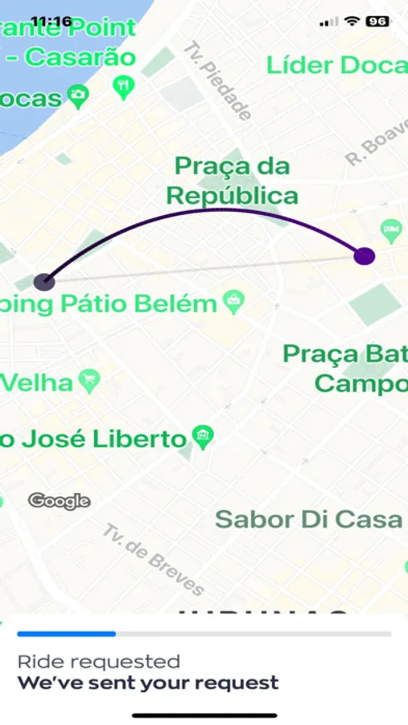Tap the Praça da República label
(x=232, y=180)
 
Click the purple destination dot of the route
(x=365, y=255)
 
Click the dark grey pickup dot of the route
(x=44, y=281)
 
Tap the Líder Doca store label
(x=336, y=64)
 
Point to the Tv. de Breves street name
(x=153, y=557)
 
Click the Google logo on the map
(x=59, y=501)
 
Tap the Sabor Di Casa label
(x=309, y=519)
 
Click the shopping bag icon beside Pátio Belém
(x=234, y=302)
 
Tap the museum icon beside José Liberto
(x=202, y=438)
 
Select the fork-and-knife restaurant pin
(x=123, y=86)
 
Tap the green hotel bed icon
(x=392, y=230)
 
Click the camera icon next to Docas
(x=77, y=97)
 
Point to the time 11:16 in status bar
(x=51, y=21)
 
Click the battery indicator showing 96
(x=378, y=21)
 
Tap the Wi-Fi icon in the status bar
(x=352, y=21)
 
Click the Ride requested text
(x=98, y=661)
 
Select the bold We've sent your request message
(x=148, y=683)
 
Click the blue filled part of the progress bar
(x=66, y=634)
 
